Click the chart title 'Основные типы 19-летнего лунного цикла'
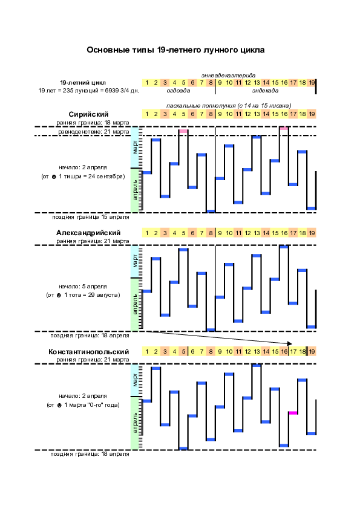pyautogui.click(x=175, y=50)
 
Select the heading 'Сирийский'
pyautogui.click(x=88, y=114)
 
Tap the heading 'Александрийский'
pyautogui.click(x=88, y=233)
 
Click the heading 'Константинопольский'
pyautogui.click(x=88, y=352)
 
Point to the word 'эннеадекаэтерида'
pyautogui.click(x=229, y=76)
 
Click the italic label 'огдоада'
pyautogui.click(x=178, y=91)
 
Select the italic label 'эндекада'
pyautogui.click(x=265, y=91)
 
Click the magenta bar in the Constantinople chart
pyautogui.click(x=293, y=413)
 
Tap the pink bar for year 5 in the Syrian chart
pyautogui.click(x=183, y=131)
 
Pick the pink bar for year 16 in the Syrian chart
pyautogui.click(x=284, y=128)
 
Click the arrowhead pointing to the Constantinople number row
pyautogui.click(x=290, y=343)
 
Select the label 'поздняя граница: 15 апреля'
pyautogui.click(x=91, y=217)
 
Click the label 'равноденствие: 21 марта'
pyautogui.click(x=94, y=132)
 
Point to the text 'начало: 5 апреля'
pyautogui.click(x=83, y=287)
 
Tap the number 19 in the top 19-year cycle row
pyautogui.click(x=312, y=82)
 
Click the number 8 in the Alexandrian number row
pyautogui.click(x=211, y=233)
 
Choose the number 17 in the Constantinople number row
pyautogui.click(x=293, y=351)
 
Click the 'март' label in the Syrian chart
pyautogui.click(x=135, y=147)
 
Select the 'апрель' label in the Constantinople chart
pyautogui.click(x=135, y=423)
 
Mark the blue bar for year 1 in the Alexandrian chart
pyautogui.click(x=147, y=291)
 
